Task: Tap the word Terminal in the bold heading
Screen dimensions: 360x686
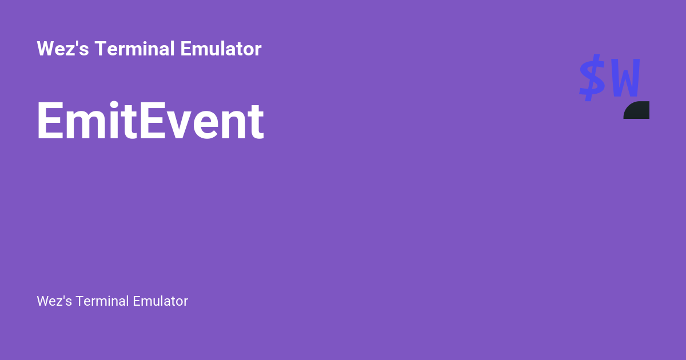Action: click(x=135, y=49)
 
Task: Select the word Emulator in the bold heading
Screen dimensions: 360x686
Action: click(x=221, y=49)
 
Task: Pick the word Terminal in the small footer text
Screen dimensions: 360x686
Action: click(x=102, y=301)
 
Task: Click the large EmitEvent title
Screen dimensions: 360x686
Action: click(x=150, y=122)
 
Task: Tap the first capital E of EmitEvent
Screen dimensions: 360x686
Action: click(x=49, y=122)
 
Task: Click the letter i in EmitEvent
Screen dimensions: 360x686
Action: click(x=115, y=122)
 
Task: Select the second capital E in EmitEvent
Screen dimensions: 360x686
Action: click(x=151, y=122)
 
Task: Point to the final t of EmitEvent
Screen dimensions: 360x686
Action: click(x=257, y=123)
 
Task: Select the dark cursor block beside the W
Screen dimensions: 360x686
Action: click(x=637, y=110)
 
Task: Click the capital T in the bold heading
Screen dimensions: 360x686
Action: click(x=100, y=49)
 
